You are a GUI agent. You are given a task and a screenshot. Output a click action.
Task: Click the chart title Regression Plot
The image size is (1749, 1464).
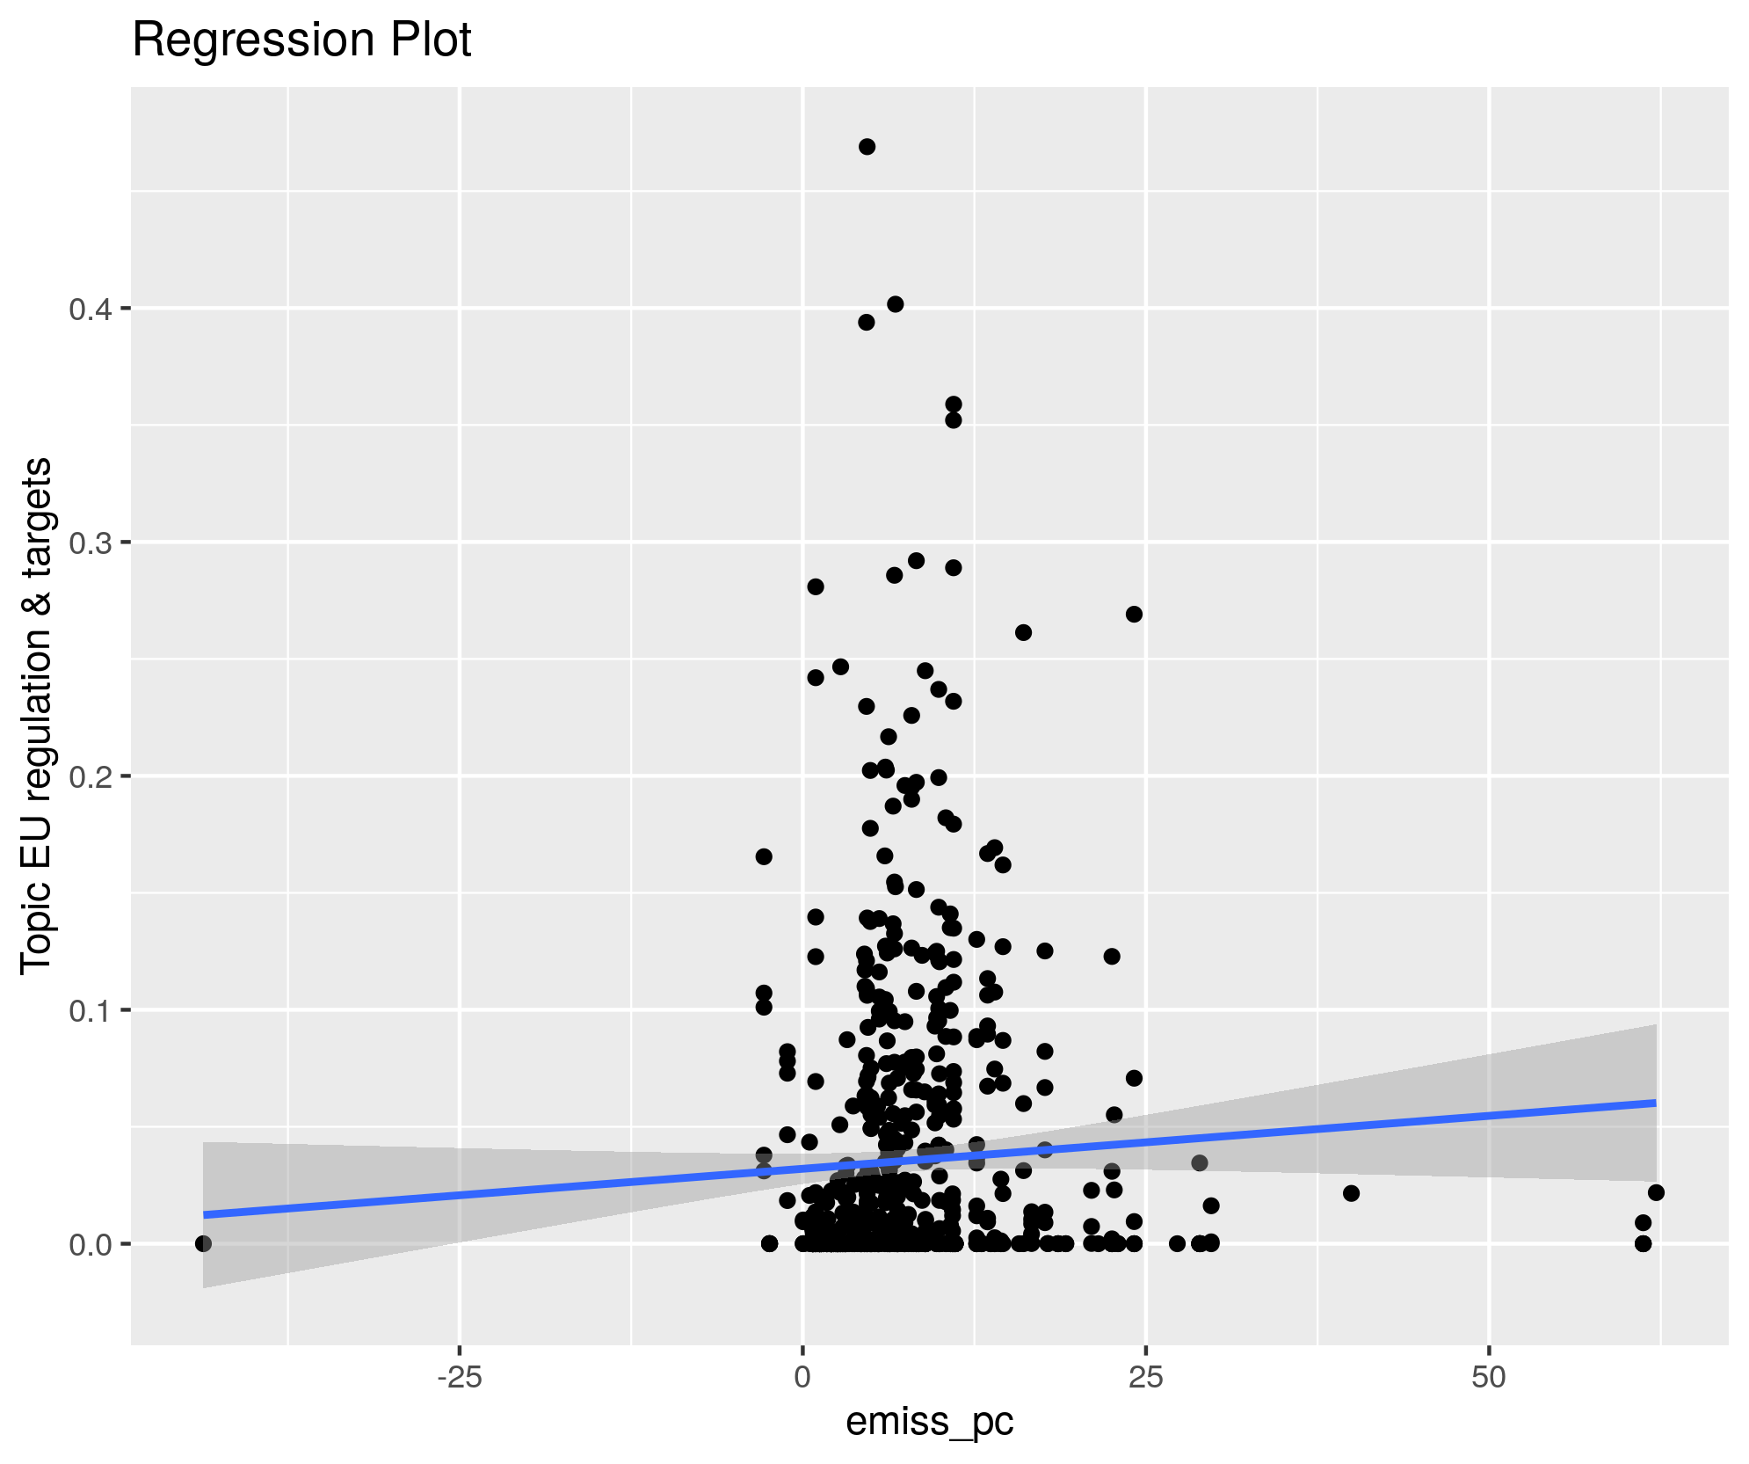pos(301,40)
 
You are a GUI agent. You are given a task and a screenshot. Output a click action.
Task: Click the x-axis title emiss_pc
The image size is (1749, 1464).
pos(929,1420)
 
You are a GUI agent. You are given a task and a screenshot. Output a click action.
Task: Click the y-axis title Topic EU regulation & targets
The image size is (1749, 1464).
pos(37,715)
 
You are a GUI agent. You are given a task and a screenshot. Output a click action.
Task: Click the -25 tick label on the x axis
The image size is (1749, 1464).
pos(459,1378)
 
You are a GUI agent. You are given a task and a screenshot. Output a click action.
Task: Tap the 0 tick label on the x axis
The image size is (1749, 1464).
pos(802,1378)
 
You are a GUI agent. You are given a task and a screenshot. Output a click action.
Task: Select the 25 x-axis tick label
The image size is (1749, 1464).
pos(1145,1378)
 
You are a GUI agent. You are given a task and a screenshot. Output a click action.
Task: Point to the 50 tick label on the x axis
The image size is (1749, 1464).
pos(1489,1378)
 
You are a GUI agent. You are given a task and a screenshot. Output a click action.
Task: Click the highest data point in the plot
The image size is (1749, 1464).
pos(867,147)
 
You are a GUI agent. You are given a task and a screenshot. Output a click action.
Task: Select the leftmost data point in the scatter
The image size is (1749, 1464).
pos(203,1243)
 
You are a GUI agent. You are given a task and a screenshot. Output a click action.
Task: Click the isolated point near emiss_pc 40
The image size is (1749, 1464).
pos(1351,1193)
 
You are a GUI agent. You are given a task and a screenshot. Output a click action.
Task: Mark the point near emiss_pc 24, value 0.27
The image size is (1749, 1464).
pos(1134,614)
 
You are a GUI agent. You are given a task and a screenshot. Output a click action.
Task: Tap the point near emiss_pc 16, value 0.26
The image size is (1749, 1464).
pos(1023,632)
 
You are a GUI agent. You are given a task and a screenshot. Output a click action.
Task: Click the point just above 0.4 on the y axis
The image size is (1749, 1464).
pos(895,304)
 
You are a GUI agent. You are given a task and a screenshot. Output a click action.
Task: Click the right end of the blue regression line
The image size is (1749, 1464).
pos(1654,1103)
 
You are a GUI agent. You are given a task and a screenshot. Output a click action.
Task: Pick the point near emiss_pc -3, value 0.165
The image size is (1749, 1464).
pos(764,856)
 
